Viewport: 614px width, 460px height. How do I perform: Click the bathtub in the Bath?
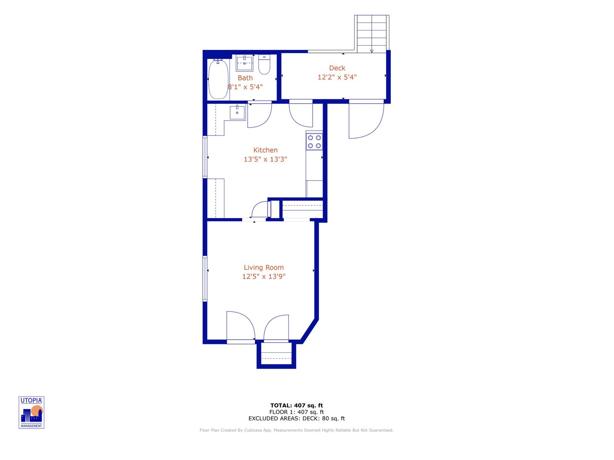[x=218, y=80]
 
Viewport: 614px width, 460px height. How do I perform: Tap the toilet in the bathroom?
[x=264, y=64]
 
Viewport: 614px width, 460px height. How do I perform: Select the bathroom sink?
[x=245, y=63]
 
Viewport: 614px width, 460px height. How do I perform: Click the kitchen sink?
[x=237, y=112]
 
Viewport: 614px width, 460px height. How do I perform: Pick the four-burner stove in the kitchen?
[x=314, y=142]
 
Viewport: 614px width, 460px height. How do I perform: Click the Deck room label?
[x=337, y=68]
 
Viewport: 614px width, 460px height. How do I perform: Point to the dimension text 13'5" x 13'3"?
[x=265, y=159]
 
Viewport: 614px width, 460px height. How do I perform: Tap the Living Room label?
[x=263, y=267]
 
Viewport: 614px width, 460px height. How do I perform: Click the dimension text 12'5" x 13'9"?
[x=263, y=276]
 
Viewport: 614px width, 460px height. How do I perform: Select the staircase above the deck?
[x=372, y=34]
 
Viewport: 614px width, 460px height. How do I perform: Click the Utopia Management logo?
[x=32, y=412]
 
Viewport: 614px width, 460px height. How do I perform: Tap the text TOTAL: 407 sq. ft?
[x=297, y=405]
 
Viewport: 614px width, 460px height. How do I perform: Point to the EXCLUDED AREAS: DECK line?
[x=297, y=418]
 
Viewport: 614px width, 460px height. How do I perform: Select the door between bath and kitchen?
[x=259, y=114]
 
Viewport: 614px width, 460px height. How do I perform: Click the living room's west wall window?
[x=205, y=279]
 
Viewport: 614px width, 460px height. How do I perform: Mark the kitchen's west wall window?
[x=205, y=157]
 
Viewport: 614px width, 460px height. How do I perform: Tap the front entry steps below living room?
[x=276, y=354]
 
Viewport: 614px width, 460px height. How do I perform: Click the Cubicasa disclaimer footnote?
[x=297, y=430]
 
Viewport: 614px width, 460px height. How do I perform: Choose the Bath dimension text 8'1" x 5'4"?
[x=245, y=87]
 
